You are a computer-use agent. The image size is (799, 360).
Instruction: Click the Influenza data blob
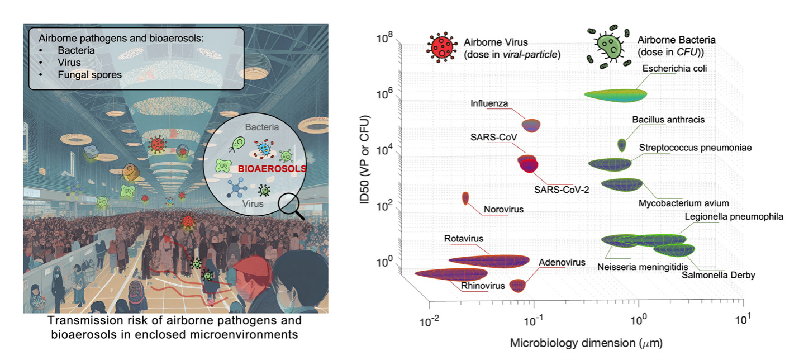pos(530,125)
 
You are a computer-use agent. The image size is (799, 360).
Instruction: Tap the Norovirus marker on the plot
pos(465,198)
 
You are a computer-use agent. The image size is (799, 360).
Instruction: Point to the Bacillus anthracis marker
pos(622,145)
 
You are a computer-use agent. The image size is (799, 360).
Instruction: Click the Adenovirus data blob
pos(518,285)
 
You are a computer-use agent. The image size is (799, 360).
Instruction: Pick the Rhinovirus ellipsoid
pos(451,274)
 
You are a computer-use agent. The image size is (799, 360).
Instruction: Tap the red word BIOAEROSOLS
pos(272,168)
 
